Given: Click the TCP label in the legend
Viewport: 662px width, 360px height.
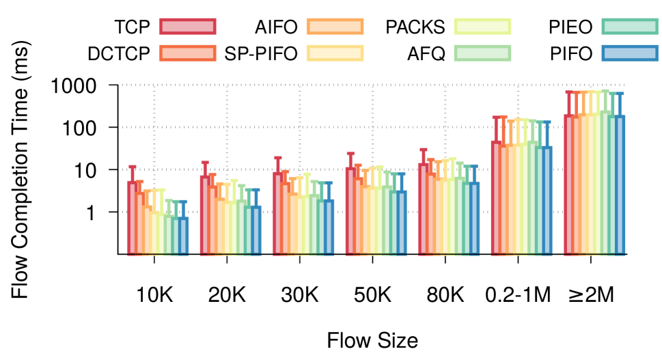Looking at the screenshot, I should (132, 27).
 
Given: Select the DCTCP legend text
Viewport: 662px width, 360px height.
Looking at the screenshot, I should (118, 53).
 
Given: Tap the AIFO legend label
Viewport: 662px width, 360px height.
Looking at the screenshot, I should (276, 27).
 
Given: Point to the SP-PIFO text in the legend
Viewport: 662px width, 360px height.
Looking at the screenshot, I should (261, 53).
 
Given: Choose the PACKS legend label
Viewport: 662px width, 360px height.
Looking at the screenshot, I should (415, 27).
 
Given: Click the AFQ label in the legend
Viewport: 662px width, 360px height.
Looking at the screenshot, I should (426, 53).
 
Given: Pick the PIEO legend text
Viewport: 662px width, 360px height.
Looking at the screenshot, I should (570, 27).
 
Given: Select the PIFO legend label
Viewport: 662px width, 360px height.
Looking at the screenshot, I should (571, 53).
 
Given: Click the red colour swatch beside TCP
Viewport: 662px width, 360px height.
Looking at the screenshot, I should (188, 27).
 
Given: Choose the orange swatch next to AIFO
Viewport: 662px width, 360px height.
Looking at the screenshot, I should (335, 27).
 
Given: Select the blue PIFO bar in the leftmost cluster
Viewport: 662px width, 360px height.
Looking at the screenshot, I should (183, 236).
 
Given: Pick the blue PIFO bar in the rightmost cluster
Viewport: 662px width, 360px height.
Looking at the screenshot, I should (620, 185).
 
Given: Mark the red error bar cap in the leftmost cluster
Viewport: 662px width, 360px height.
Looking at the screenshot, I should (132, 167).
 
